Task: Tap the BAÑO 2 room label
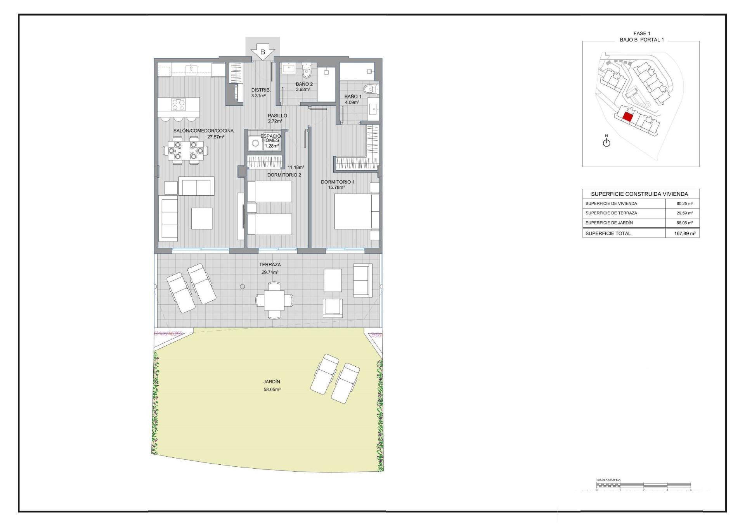tap(304, 84)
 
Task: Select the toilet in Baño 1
tap(370, 90)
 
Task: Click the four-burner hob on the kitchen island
tap(178, 105)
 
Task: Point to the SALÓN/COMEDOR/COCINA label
tap(203, 131)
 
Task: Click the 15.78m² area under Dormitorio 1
tap(336, 188)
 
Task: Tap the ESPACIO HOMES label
tap(270, 138)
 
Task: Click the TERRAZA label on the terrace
tap(270, 265)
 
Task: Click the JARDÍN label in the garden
tap(272, 382)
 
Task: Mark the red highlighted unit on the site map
tap(627, 117)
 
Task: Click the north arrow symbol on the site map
tap(606, 142)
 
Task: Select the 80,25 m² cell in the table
tap(684, 204)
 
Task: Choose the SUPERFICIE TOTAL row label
tap(608, 233)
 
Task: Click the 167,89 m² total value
tap(684, 233)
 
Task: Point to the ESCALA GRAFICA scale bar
tap(643, 485)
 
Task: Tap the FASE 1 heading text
tap(641, 34)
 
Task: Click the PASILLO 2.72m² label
tap(277, 118)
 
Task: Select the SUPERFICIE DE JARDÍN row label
tap(609, 223)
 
